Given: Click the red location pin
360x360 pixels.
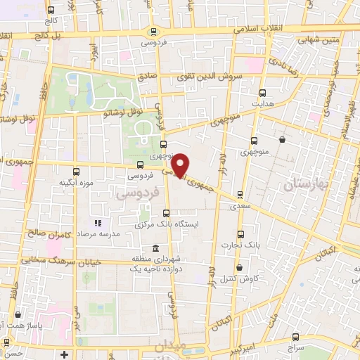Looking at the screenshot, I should (181, 165).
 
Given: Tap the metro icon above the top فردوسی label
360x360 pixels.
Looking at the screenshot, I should (153, 31).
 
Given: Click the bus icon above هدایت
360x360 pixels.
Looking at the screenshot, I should (263, 92).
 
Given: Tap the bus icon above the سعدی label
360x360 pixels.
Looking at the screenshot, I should (241, 195).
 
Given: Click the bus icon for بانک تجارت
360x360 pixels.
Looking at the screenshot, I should (241, 234).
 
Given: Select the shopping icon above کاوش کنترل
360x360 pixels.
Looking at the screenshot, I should (239, 268).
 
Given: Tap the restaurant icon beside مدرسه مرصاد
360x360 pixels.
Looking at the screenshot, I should (98, 223).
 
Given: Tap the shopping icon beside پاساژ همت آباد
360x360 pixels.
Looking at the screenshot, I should (15, 316).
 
